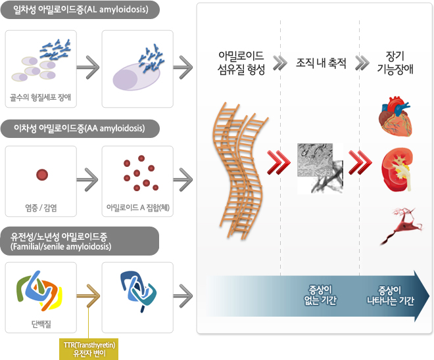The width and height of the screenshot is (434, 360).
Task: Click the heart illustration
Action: (x=395, y=116)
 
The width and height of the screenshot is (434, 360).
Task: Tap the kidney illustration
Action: (x=397, y=169)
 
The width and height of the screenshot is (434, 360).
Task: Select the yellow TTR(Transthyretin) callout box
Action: (x=89, y=349)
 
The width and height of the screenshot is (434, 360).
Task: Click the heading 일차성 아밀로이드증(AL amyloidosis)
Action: (x=80, y=10)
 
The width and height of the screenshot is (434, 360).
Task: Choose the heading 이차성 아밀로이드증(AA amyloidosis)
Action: (x=80, y=128)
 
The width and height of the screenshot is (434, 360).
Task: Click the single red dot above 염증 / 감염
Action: (x=42, y=175)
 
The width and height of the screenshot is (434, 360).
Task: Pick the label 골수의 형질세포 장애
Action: (x=40, y=97)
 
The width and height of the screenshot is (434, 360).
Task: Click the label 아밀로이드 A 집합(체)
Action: (x=138, y=208)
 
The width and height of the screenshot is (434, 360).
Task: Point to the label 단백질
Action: (x=41, y=324)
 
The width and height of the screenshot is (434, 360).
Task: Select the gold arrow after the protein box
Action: (x=88, y=296)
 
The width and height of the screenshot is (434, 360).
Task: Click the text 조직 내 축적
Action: (x=321, y=63)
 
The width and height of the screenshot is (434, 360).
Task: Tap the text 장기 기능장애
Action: (x=395, y=63)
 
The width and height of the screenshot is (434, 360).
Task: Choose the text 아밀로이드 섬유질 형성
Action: (x=241, y=63)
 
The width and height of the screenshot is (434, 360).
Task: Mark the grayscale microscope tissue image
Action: (x=320, y=168)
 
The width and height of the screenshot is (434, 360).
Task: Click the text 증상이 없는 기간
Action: (x=320, y=296)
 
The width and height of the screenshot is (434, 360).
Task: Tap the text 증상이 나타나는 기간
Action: (x=390, y=296)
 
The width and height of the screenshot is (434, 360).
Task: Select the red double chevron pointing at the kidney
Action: (x=360, y=162)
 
